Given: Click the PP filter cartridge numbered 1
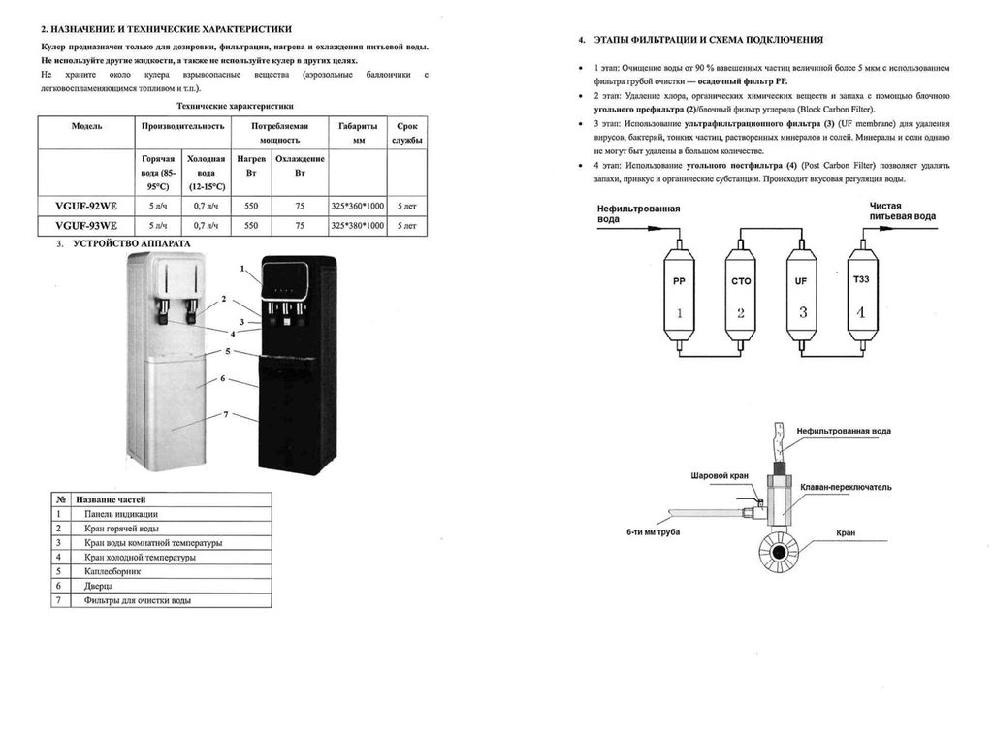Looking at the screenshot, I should (x=679, y=297).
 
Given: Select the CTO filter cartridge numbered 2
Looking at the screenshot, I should (x=741, y=297).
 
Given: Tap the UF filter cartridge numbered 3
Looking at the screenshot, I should (x=802, y=297).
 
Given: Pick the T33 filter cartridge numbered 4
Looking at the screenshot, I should (x=862, y=297).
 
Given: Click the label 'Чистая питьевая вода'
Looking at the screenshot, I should (x=902, y=211).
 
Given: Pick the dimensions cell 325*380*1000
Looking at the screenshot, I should (x=357, y=226).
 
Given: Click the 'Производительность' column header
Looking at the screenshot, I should (x=183, y=127).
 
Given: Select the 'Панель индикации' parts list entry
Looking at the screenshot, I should (x=121, y=513).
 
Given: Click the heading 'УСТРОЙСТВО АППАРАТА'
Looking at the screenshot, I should (x=131, y=242).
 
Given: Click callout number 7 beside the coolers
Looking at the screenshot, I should (x=226, y=415).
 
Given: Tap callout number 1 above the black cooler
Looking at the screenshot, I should (x=241, y=267).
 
